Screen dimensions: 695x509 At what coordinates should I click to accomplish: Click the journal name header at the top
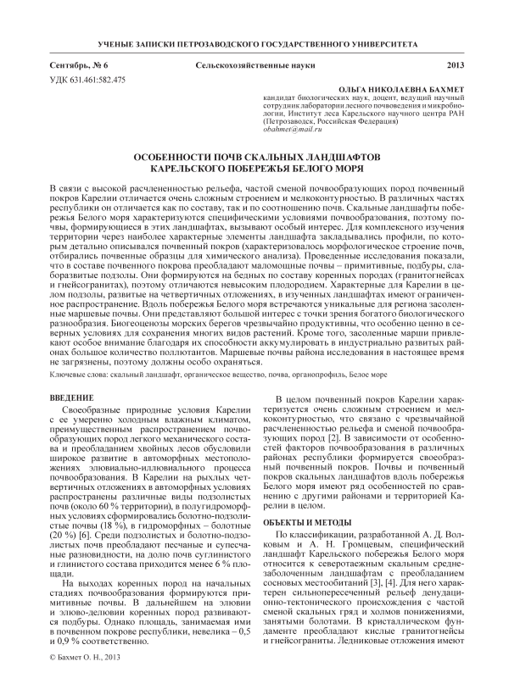coord(254,42)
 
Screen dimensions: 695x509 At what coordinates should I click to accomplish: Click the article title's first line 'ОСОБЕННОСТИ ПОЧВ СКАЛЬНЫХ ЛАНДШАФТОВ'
coord(254,158)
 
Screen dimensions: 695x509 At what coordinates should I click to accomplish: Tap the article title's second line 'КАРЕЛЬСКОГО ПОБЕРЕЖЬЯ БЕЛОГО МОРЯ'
coord(254,170)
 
